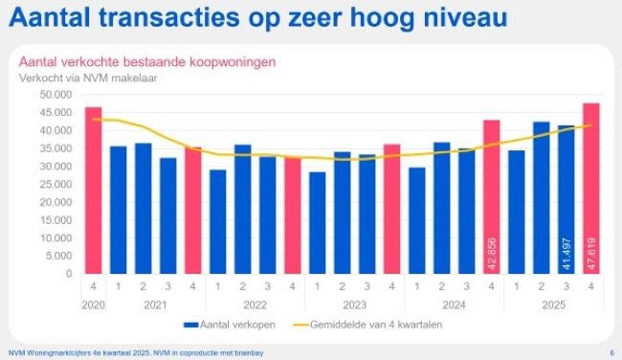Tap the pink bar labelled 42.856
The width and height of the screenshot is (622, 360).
pyautogui.click(x=491, y=196)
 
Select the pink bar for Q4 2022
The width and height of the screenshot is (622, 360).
pyautogui.click(x=292, y=215)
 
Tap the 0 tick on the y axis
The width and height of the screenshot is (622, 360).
pyautogui.click(x=69, y=274)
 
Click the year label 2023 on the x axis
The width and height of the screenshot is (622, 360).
pyautogui.click(x=354, y=304)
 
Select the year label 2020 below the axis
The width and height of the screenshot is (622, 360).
pyautogui.click(x=93, y=304)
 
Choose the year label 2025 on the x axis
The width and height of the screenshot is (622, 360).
pyautogui.click(x=553, y=304)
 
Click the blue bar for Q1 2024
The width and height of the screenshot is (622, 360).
pyautogui.click(x=416, y=220)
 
